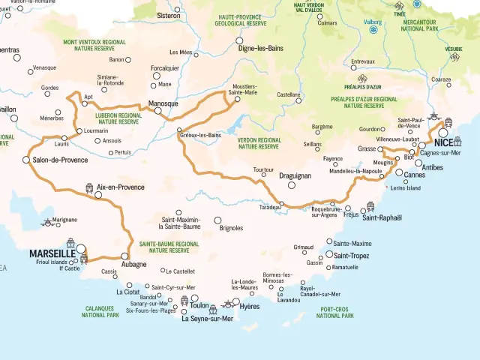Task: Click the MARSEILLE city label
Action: [53, 253]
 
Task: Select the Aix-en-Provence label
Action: [120, 187]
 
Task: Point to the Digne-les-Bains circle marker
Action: [239, 40]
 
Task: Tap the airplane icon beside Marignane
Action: [48, 221]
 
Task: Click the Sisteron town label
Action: [167, 15]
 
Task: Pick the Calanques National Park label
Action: [100, 312]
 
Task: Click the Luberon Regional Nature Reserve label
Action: [118, 118]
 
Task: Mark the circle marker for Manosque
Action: [158, 111]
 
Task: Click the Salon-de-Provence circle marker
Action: [26, 160]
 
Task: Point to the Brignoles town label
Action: [229, 227]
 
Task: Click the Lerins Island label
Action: [406, 187]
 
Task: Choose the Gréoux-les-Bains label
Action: [202, 135]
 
